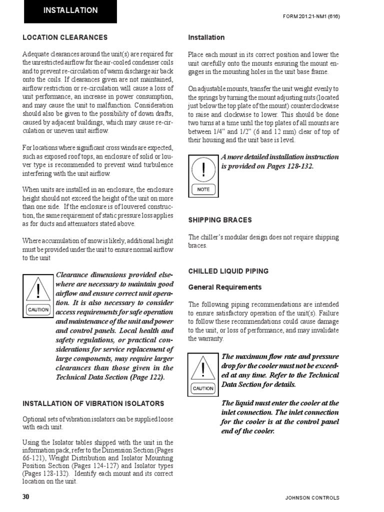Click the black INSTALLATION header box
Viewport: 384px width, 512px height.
pyautogui.click(x=70, y=11)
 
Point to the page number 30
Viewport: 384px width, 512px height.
pyautogui.click(x=26, y=497)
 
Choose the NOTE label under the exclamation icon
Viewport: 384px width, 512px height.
pyautogui.click(x=203, y=189)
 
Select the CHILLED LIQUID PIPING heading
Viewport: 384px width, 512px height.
pyautogui.click(x=228, y=271)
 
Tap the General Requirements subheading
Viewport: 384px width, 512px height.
pyautogui.click(x=224, y=287)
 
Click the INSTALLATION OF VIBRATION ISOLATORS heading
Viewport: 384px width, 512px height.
pyautogui.click(x=93, y=403)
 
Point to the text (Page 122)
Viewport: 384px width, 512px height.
pyautogui.click(x=148, y=377)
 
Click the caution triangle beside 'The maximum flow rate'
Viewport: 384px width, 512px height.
pyautogui.click(x=203, y=370)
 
